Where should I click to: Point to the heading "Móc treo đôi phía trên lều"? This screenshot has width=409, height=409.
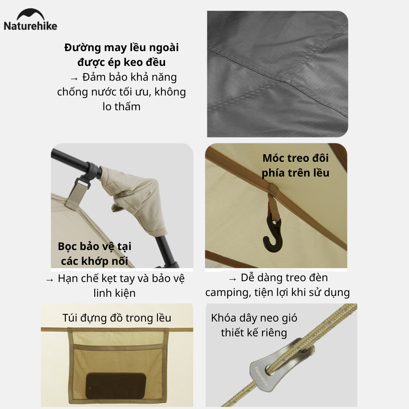296,165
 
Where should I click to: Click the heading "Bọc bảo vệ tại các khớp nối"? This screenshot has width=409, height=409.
95,254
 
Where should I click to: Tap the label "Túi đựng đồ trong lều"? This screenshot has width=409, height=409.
117,318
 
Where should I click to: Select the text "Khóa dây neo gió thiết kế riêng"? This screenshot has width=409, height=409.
254,325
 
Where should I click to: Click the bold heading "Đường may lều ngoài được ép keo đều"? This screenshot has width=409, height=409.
121,55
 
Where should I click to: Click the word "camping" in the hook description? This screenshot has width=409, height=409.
228,292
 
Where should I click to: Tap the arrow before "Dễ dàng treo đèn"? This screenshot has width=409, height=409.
232,278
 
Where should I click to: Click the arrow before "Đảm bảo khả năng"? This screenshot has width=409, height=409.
74,78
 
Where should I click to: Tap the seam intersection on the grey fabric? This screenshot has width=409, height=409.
286,79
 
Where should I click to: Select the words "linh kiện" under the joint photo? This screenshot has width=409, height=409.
115,293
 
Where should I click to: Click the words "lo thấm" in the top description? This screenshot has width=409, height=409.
121,107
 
